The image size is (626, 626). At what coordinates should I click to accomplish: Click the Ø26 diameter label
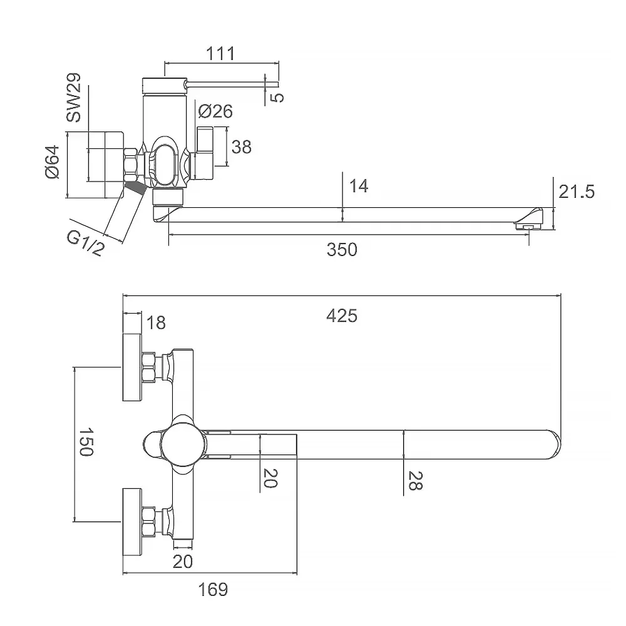(x=215, y=111)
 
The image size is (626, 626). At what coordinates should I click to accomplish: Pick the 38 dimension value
(x=241, y=147)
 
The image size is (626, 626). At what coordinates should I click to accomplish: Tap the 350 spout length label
(x=342, y=249)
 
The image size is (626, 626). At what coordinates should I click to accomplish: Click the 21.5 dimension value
(x=576, y=192)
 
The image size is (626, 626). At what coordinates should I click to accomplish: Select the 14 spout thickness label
(x=359, y=186)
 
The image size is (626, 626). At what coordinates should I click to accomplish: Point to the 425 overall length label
(x=342, y=316)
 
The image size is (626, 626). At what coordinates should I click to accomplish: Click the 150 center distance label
(x=86, y=443)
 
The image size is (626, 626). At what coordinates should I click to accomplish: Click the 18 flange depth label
(x=156, y=323)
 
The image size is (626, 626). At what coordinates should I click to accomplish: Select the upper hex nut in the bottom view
(x=149, y=367)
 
